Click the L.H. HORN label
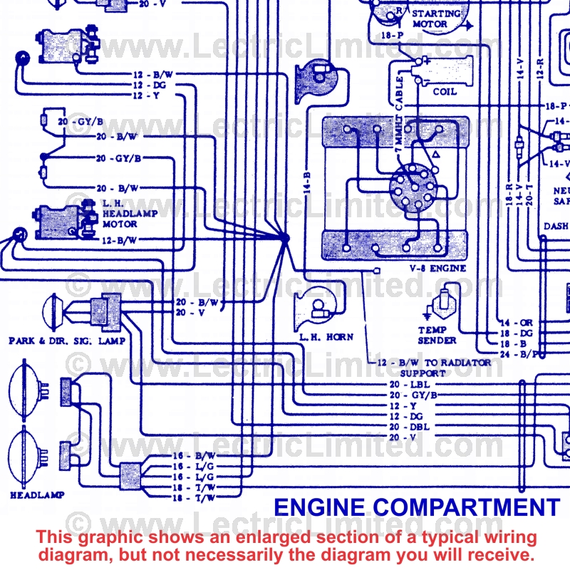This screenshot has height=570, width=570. tap(326, 337)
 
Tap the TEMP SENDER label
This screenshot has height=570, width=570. tap(437, 335)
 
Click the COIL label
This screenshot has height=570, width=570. tap(445, 92)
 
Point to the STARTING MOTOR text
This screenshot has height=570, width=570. tap(439, 19)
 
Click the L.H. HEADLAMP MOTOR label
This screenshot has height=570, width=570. tap(124, 212)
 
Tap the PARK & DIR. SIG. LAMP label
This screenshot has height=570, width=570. tap(67, 341)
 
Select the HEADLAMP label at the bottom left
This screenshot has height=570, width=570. tap(37, 494)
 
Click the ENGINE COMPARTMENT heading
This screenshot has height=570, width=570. tap(417, 507)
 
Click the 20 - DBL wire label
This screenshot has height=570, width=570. tap(403, 426)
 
